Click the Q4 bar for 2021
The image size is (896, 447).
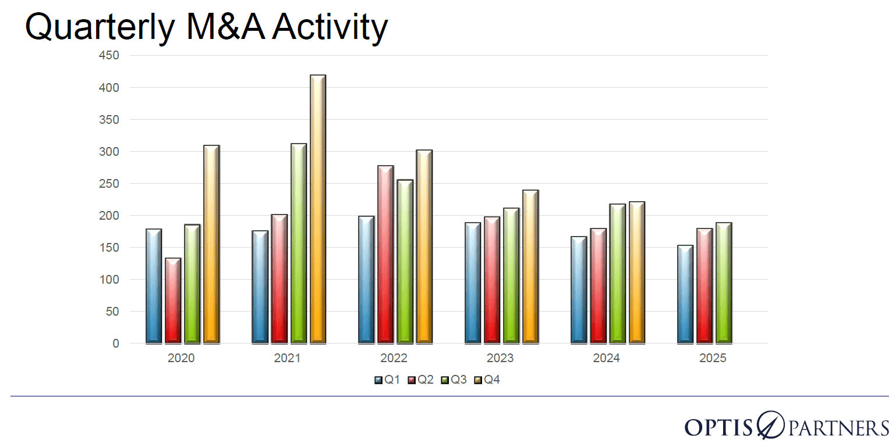[317, 209]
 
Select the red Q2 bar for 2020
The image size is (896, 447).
[173, 301]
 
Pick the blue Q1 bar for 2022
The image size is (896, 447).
[366, 280]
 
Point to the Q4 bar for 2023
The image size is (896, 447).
[530, 267]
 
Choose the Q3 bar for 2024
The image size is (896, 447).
[618, 274]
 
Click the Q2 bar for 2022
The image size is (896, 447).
[385, 255]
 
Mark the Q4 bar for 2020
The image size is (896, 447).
[211, 244]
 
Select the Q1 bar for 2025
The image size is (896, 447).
[685, 294]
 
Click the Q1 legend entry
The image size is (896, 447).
[388, 380]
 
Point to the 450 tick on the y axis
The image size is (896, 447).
[109, 56]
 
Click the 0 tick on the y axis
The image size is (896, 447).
[115, 344]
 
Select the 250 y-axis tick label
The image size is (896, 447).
[109, 184]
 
